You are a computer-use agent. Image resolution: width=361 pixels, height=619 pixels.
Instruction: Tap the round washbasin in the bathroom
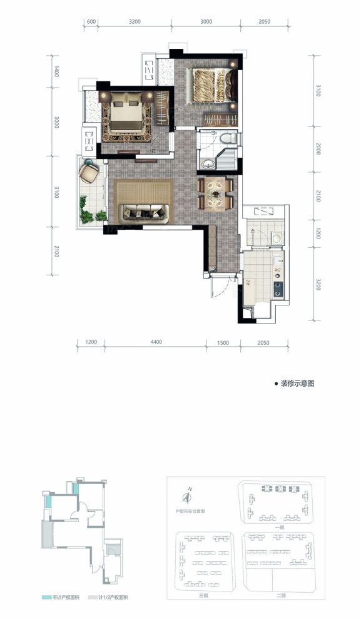[207, 164]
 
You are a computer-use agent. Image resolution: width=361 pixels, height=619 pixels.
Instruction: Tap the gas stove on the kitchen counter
[278, 289]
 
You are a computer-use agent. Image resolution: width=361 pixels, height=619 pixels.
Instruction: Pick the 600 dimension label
[91, 21]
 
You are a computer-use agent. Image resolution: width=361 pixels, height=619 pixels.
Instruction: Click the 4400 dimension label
[156, 342]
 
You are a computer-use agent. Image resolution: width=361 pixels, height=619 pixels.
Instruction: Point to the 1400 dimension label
[56, 72]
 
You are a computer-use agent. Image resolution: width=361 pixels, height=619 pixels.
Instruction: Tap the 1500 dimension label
[224, 342]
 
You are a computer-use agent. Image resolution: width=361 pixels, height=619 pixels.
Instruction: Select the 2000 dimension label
[318, 149]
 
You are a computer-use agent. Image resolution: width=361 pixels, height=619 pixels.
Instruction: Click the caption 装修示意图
[297, 383]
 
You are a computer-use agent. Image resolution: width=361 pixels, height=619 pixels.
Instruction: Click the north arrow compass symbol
[186, 497]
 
